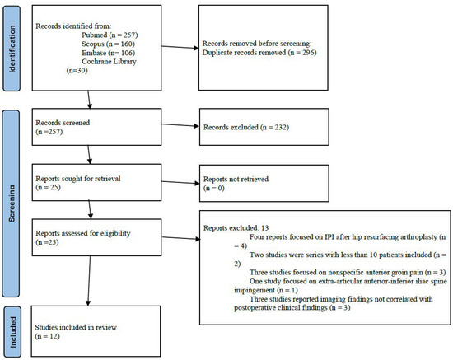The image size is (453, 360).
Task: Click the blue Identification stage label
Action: coord(11,48)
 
